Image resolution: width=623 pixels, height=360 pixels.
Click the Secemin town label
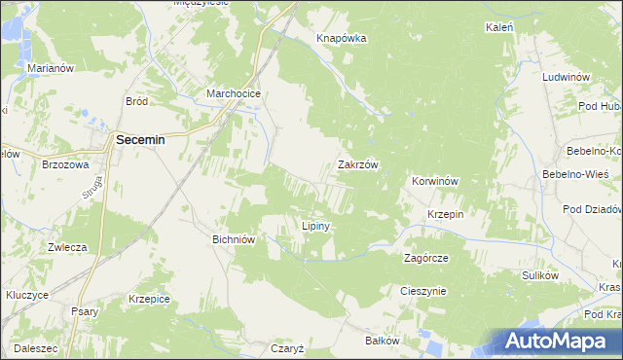[x=140, y=140]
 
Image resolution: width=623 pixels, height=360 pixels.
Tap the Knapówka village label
[x=341, y=39]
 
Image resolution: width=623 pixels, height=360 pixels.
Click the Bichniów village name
[x=234, y=238]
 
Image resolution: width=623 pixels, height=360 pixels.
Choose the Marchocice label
[x=231, y=94]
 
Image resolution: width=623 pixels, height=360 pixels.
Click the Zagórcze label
[x=425, y=259]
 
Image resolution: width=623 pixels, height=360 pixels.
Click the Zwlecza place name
[x=68, y=247]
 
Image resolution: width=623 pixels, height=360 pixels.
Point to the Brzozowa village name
[x=65, y=165]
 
